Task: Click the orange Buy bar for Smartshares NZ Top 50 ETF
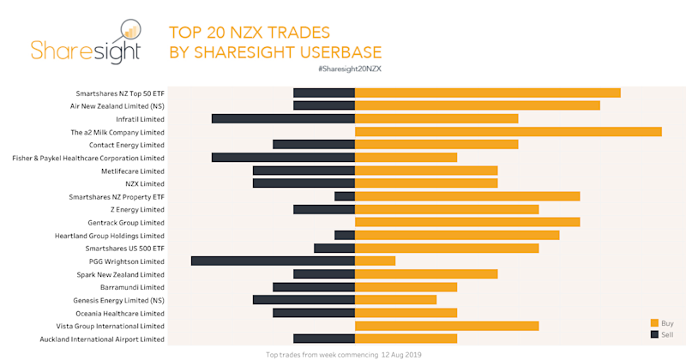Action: click(x=487, y=93)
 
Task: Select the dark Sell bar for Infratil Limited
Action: click(x=283, y=118)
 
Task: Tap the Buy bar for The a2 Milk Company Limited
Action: click(x=508, y=131)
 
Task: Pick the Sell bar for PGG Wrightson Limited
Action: click(x=273, y=261)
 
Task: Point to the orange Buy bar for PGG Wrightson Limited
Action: click(x=375, y=261)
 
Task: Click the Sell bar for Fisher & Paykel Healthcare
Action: click(x=283, y=157)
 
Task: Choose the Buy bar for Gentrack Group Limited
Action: click(x=467, y=222)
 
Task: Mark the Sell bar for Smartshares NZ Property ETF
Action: click(x=345, y=196)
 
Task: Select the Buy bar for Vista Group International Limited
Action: click(x=447, y=326)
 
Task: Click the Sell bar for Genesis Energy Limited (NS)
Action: click(x=304, y=300)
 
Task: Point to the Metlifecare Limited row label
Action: click(x=132, y=171)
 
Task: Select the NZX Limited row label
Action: click(x=145, y=183)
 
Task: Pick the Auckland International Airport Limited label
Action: click(x=102, y=339)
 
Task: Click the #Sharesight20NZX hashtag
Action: click(x=348, y=67)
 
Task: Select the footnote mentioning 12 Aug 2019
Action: click(x=344, y=353)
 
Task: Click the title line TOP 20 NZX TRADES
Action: click(x=250, y=33)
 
